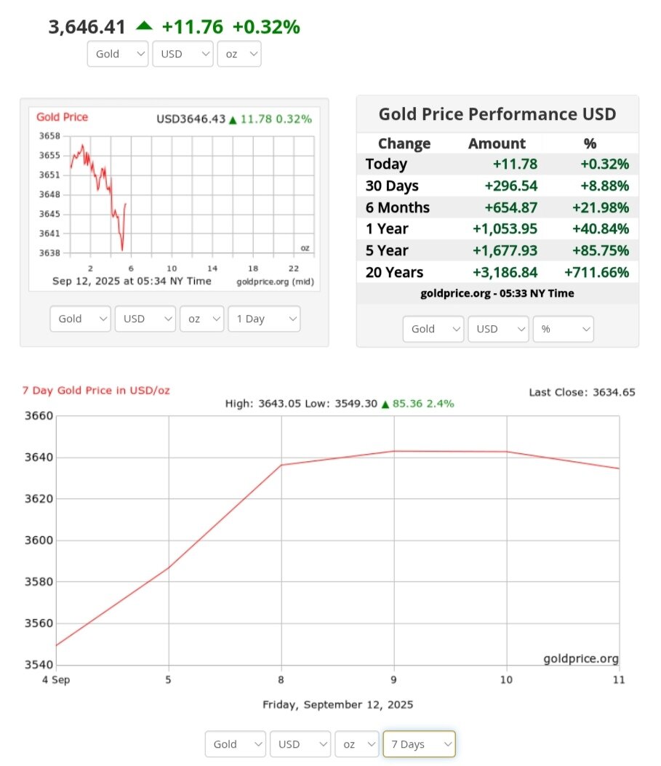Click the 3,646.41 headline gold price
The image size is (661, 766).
[87, 28]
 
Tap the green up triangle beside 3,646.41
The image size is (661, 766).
[144, 26]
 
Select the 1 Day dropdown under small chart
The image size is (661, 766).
[263, 319]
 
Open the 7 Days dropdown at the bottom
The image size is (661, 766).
[419, 744]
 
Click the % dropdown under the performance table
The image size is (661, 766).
[563, 329]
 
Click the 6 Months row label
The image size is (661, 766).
[398, 207]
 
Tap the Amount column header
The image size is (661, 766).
[497, 143]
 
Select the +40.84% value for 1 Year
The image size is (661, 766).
[600, 228]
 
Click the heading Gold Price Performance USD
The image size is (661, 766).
[497, 114]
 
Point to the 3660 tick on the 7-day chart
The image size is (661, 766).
[40, 416]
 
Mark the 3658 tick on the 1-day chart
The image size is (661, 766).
[49, 136]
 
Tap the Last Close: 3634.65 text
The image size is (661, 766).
[582, 392]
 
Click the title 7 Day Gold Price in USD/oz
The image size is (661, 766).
[96, 391]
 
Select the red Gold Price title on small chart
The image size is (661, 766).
[62, 117]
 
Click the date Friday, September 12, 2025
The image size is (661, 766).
[337, 705]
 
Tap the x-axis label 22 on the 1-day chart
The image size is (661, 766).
[294, 268]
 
